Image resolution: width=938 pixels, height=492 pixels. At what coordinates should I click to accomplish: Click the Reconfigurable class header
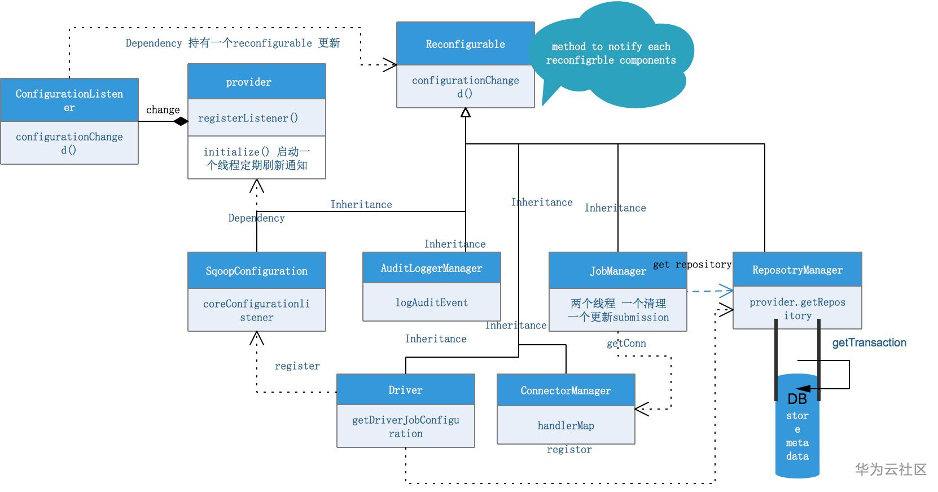465,44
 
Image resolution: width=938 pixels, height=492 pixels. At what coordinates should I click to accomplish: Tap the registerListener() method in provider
248,118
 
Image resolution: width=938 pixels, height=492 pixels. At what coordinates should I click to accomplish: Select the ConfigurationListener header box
69,100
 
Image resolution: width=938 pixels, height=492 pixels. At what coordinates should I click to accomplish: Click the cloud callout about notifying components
611,54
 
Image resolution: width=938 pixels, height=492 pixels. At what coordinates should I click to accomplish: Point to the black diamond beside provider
181,121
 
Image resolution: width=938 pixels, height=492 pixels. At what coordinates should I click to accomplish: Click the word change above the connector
163,109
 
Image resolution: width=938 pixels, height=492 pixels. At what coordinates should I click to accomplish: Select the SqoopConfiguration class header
256,271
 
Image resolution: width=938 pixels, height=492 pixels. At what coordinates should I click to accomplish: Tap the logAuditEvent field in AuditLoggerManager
431,302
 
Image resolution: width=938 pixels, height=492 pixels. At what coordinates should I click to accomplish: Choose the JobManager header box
617,271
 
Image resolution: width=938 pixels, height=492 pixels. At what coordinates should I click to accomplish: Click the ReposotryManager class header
797,270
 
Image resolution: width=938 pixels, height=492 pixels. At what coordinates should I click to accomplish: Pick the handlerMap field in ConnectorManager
566,425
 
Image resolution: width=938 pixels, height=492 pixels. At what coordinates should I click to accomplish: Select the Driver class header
405,390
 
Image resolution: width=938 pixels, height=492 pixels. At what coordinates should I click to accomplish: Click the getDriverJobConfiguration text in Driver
405,427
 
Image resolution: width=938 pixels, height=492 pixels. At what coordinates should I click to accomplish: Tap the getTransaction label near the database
869,342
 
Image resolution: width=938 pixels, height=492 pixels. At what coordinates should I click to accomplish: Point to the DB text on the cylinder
797,399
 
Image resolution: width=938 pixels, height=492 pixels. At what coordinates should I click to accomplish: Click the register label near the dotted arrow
297,366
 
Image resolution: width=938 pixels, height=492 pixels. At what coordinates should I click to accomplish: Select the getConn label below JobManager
626,343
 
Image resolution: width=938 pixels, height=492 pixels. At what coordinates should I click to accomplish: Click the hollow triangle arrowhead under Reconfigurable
465,113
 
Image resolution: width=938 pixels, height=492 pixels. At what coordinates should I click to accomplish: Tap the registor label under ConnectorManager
569,449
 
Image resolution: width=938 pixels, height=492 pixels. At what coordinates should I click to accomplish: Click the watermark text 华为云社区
891,469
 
